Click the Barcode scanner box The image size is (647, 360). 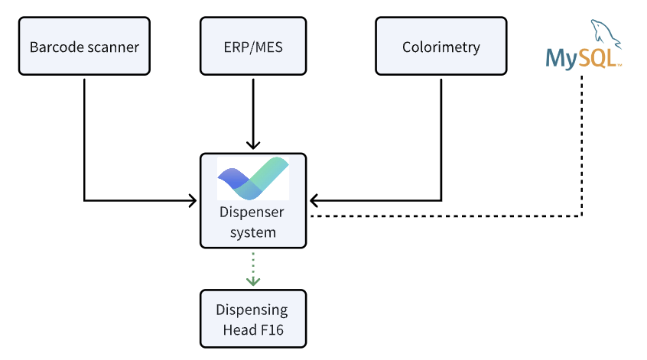(84, 46)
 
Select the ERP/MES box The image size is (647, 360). (253, 46)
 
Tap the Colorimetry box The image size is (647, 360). (441, 46)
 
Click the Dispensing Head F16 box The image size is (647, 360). (253, 319)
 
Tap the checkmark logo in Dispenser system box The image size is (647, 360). (253, 178)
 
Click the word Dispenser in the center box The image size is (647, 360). (252, 212)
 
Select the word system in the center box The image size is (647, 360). (253, 232)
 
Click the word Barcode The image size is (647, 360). (57, 47)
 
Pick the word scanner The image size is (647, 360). (113, 48)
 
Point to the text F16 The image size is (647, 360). (271, 330)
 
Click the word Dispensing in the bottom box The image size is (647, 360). (252, 310)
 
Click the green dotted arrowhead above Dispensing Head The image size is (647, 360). (253, 281)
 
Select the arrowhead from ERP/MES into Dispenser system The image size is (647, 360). (253, 144)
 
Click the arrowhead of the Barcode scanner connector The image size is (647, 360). (193, 201)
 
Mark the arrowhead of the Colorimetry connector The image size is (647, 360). (314, 201)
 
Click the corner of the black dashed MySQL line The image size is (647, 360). (582, 216)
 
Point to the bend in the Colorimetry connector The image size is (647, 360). (441, 201)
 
